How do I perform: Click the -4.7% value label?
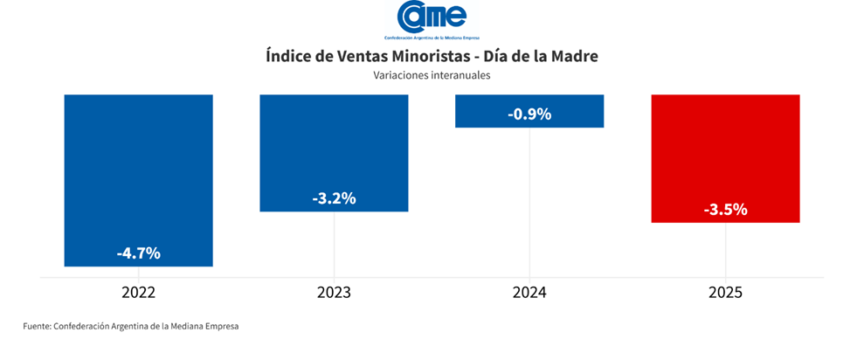point(138,253)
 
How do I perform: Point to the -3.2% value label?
point(334,198)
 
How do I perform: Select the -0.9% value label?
point(529,114)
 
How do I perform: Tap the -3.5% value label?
point(725,210)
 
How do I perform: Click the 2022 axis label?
point(138,292)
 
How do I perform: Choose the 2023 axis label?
point(334,292)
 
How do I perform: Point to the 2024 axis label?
point(529,292)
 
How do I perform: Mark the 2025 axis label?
point(725,292)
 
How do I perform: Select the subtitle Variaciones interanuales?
point(432,76)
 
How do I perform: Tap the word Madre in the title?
point(574,56)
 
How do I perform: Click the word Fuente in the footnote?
point(36,326)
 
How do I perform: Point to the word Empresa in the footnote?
point(218,326)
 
